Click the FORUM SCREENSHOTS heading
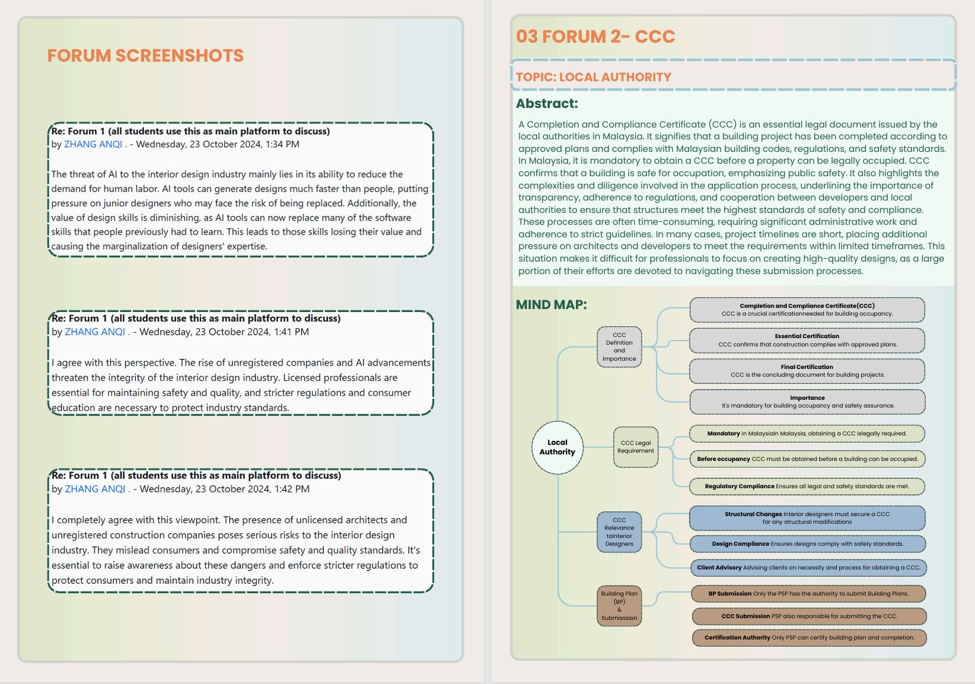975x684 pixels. (145, 56)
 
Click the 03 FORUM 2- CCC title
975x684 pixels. (595, 36)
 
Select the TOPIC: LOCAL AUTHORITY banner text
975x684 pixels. (593, 77)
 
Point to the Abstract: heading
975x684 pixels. (546, 103)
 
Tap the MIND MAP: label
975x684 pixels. (551, 304)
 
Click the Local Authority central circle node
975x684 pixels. (557, 447)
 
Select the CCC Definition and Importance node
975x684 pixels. (619, 347)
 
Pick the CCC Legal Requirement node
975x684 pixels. (635, 447)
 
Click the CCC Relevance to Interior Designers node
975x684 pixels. (619, 532)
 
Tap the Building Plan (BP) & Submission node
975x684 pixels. (619, 605)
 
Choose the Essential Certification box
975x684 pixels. (807, 340)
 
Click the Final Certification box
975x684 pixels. (807, 371)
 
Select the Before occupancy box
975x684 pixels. (807, 459)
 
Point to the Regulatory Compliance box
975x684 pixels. (807, 486)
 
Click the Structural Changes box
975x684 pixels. (807, 518)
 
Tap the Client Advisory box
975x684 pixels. (808, 568)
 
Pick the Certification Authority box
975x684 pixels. (809, 638)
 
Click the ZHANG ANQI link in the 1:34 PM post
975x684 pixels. (93, 144)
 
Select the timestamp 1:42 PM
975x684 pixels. (291, 489)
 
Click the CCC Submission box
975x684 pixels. (809, 616)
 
